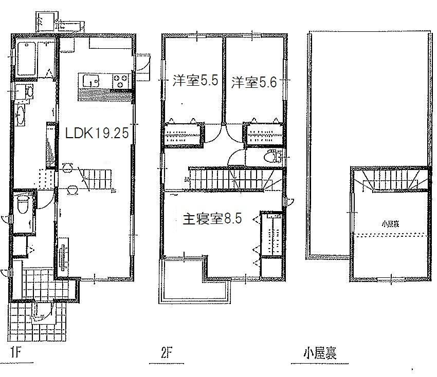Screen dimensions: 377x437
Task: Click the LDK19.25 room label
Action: click(x=96, y=134)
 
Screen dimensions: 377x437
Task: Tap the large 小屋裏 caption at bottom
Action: click(x=319, y=353)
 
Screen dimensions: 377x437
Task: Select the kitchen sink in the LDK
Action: click(x=91, y=81)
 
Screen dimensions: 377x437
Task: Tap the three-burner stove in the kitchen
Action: click(x=121, y=81)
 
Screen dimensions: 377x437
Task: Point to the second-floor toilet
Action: click(x=269, y=157)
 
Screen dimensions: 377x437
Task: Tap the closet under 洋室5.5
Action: click(x=183, y=136)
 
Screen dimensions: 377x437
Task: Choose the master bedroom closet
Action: click(x=271, y=234)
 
